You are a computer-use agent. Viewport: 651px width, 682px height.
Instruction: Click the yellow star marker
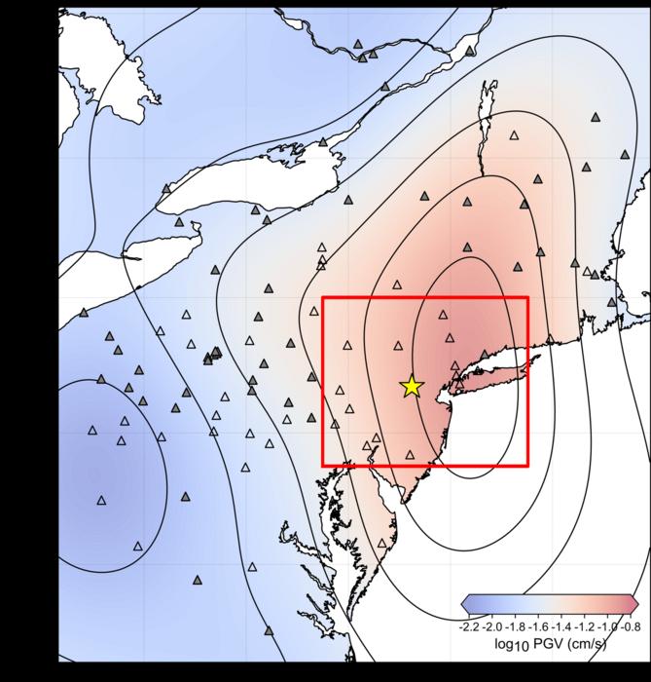(x=412, y=387)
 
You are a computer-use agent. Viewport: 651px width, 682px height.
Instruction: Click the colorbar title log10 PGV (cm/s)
(x=550, y=644)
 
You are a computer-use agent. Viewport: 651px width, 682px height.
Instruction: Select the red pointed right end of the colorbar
(x=633, y=602)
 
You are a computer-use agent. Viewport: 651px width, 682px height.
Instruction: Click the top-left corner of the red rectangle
(x=322, y=297)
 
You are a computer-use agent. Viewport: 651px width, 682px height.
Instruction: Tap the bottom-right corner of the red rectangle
(x=527, y=466)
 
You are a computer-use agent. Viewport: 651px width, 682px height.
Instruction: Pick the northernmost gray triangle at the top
(x=358, y=45)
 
